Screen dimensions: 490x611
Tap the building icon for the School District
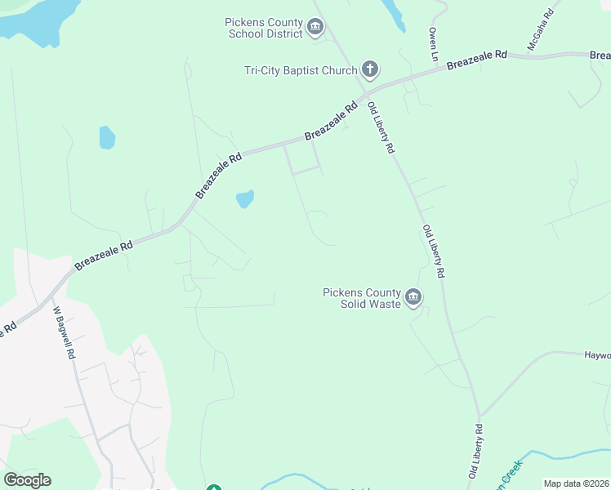coord(315,29)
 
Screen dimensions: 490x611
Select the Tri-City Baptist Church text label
coord(301,70)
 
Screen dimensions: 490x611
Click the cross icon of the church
coord(370,69)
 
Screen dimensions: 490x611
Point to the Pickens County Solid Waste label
coord(362,298)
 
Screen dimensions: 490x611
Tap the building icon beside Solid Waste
coord(413,297)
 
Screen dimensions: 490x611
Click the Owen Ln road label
coord(434,45)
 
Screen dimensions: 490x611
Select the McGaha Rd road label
coord(541,31)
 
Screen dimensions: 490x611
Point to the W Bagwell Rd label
coord(64,333)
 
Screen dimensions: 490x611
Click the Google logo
coord(27,479)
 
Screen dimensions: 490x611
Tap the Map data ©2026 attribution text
coord(575,483)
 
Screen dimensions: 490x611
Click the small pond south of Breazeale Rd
coord(245,198)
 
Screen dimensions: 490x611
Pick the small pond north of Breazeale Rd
coord(107,137)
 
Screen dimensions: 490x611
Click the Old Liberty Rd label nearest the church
coord(381,128)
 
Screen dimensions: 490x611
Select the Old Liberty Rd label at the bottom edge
coord(475,451)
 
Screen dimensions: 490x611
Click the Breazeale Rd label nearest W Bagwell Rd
coord(104,254)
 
